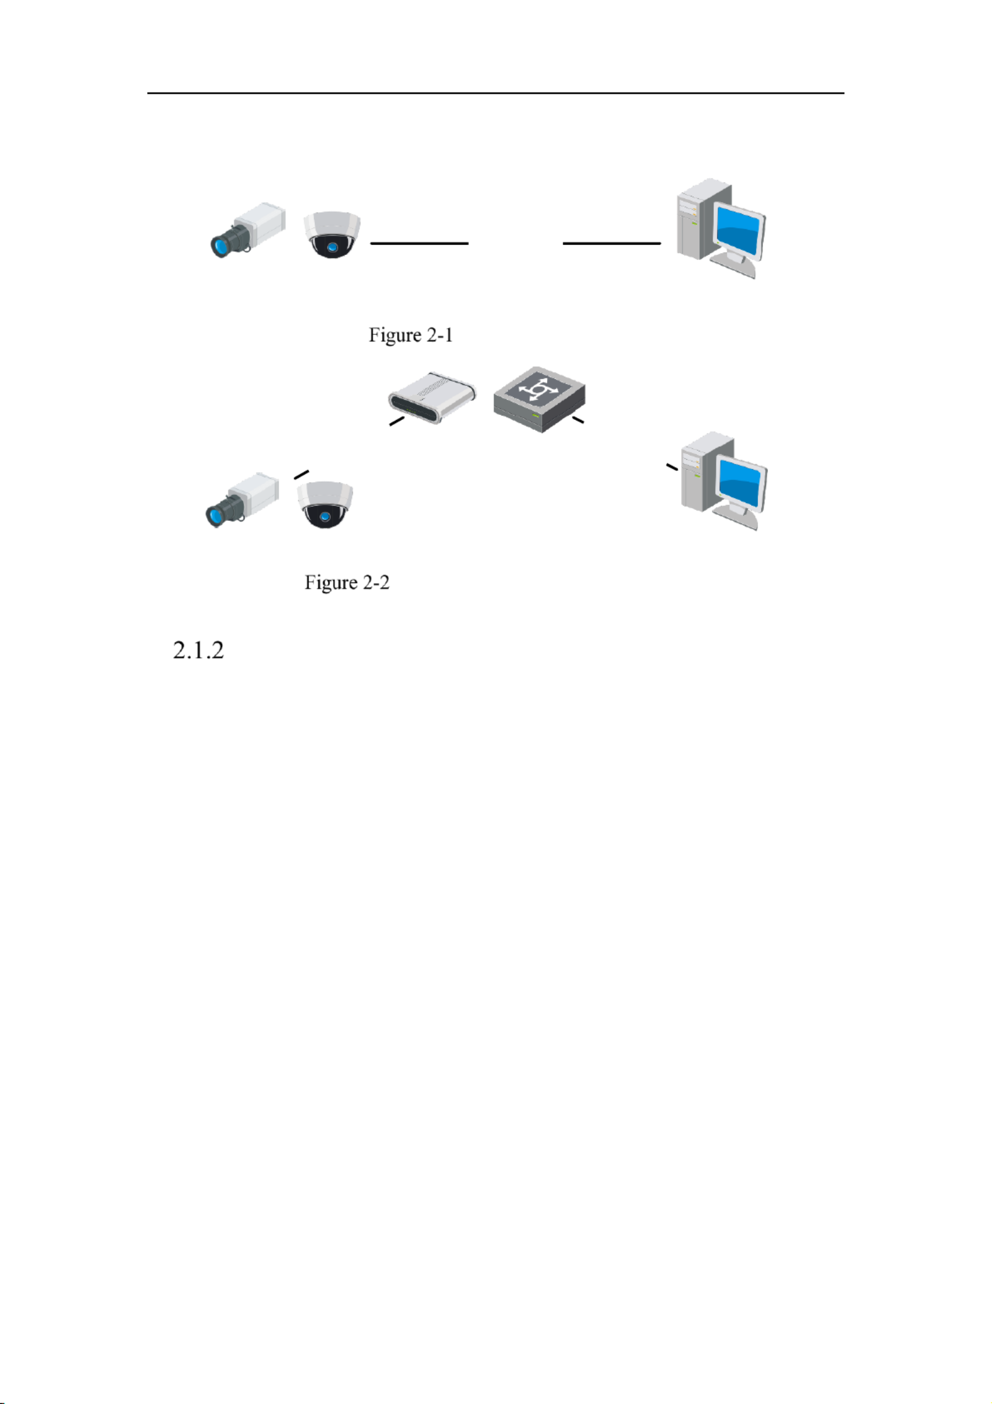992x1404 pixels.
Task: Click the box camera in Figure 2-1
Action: (x=248, y=229)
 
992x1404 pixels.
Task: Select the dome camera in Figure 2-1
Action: (x=332, y=234)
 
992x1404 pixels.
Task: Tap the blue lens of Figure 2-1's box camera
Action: (x=220, y=246)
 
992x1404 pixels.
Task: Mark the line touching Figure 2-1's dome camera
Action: (x=419, y=243)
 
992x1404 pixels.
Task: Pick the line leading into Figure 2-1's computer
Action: (x=611, y=243)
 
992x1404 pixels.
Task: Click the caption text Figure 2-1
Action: (x=410, y=335)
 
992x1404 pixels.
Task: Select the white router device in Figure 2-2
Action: (x=432, y=397)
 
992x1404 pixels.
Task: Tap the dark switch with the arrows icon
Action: (x=539, y=400)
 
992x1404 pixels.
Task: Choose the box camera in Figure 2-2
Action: (x=242, y=499)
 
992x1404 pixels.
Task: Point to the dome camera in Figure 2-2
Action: (x=325, y=504)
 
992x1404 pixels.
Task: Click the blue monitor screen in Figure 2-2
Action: (x=741, y=484)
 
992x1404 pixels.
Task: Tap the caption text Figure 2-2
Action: (x=347, y=582)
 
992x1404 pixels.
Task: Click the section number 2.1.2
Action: (x=198, y=650)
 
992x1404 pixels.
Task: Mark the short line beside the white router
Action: (x=397, y=421)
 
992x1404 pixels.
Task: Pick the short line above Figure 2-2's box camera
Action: (x=302, y=474)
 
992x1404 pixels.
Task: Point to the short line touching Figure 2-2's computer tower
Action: (x=672, y=467)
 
